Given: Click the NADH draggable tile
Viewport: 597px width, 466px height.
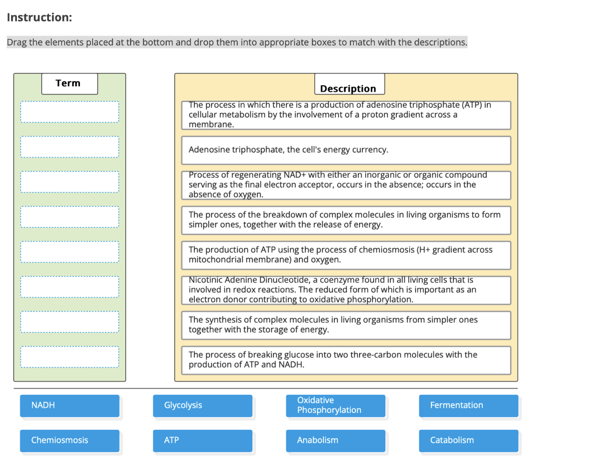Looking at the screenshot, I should (x=69, y=405).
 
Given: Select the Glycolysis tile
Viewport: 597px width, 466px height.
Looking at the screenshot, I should (x=202, y=405).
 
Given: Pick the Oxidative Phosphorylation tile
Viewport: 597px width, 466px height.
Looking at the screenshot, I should (x=335, y=405).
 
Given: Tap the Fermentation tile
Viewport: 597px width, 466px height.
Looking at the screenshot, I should (x=468, y=405).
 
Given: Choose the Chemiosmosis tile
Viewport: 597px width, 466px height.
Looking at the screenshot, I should (x=69, y=440).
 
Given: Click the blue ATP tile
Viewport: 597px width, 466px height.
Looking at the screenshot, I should (x=202, y=440).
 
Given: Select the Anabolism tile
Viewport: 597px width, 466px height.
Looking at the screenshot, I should (x=335, y=440).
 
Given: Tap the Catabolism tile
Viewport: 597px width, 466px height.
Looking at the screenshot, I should (x=468, y=440).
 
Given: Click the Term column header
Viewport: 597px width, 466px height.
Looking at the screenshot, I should (x=69, y=83).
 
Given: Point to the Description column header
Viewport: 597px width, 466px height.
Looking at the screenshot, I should (x=349, y=87).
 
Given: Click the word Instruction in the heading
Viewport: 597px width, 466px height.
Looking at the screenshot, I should (x=39, y=17).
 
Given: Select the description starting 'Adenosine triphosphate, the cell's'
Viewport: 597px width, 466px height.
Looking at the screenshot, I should (x=346, y=150).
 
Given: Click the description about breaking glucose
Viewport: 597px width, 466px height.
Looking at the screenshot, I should (x=346, y=360).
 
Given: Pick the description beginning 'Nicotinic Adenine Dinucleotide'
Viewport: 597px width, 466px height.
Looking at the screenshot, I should (x=346, y=290).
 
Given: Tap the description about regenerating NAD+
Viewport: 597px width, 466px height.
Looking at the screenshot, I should (x=346, y=185).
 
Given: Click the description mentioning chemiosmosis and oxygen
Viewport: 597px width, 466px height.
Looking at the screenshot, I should (x=346, y=255).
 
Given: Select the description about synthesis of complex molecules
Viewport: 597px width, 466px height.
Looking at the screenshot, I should (x=346, y=325).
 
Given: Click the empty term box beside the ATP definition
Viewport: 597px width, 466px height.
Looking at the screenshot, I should (x=69, y=147).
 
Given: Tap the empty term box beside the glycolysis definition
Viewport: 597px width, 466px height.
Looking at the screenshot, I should (x=69, y=357).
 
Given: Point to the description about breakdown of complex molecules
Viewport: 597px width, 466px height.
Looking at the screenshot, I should (x=346, y=220).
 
